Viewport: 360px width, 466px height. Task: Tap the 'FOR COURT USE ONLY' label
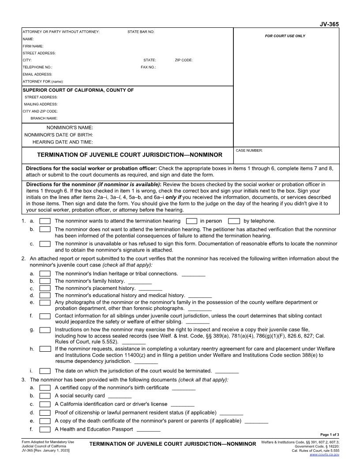[285, 36]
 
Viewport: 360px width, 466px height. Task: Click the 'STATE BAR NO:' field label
[141, 32]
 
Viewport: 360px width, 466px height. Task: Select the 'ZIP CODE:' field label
[184, 60]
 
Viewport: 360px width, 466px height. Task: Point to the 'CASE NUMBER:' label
[249, 150]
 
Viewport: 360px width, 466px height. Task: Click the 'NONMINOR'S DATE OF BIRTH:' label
[59, 135]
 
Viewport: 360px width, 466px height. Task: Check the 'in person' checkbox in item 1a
[191, 221]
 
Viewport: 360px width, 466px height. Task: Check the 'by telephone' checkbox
[234, 221]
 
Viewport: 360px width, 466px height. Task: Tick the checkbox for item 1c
[45, 244]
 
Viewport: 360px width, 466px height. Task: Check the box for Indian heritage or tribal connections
[45, 274]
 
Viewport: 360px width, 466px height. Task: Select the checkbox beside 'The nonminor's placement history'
[45, 288]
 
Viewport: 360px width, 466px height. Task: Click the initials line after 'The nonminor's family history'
[140, 282]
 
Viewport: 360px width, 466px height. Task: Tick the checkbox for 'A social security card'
[45, 396]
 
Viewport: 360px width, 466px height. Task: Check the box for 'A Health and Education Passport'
[45, 429]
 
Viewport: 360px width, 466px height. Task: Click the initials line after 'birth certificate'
[184, 389]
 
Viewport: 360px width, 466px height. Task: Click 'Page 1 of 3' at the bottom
[330, 435]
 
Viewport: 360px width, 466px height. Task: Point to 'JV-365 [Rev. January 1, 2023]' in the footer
[45, 450]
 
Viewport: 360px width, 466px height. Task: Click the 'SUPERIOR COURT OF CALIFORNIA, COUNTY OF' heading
[78, 90]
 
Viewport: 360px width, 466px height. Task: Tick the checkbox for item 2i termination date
[45, 371]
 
